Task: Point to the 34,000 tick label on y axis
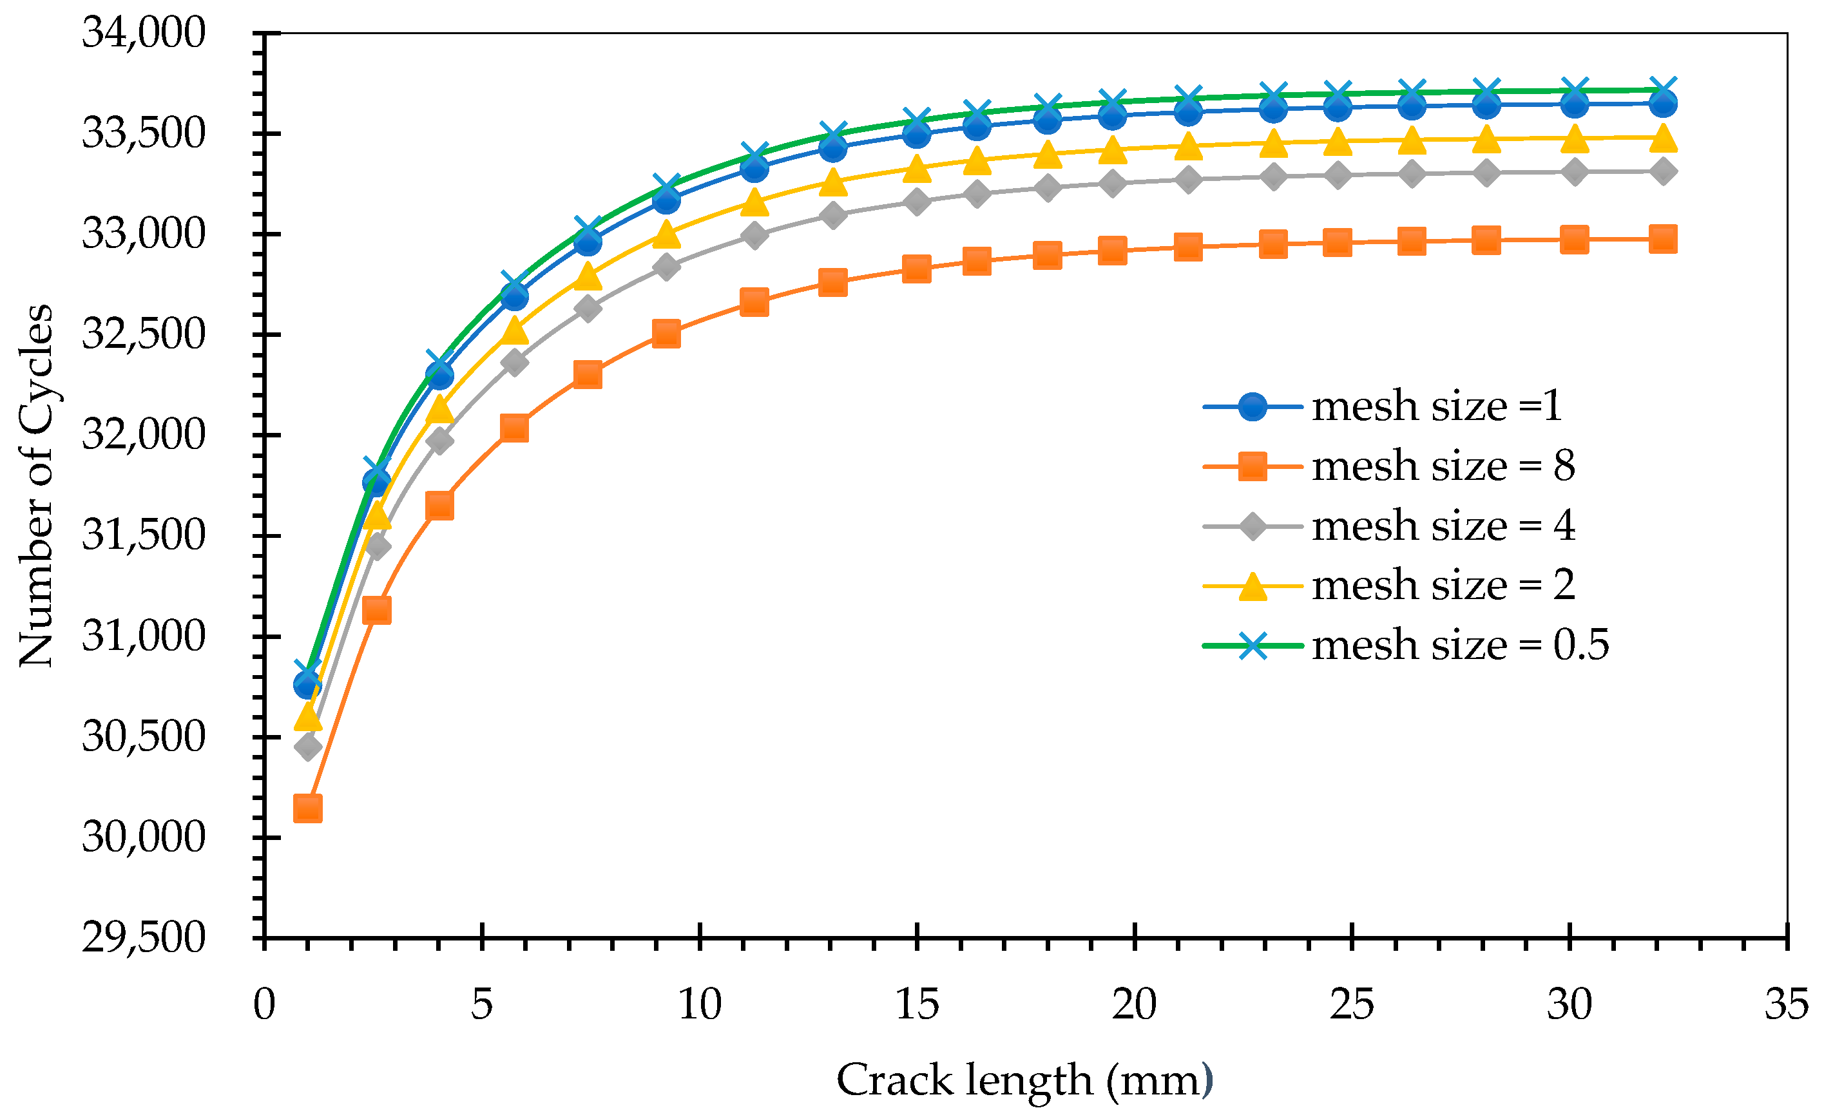pos(143,33)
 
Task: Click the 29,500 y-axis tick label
pos(143,938)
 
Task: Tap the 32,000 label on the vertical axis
pos(143,435)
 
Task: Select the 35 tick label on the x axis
pos(1786,1005)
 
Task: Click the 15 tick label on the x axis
pos(916,1005)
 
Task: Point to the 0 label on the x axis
pos(264,1005)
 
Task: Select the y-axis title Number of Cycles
pos(35,486)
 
